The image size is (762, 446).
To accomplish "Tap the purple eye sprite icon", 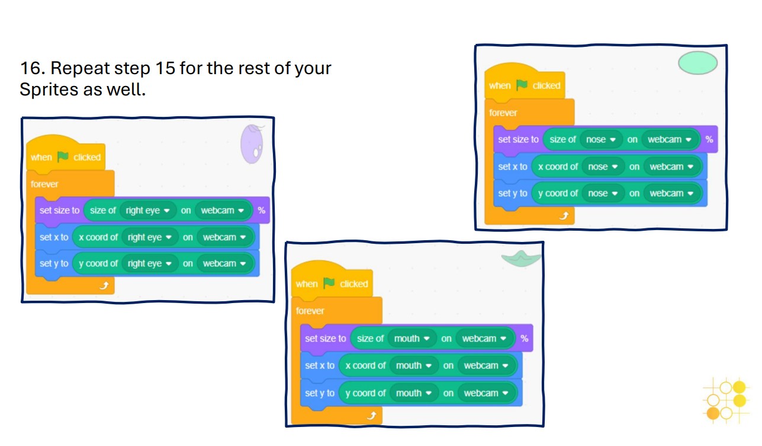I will pos(252,144).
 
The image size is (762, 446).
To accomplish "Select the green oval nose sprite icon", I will pos(697,63).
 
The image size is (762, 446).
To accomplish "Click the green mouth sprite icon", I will pos(520,257).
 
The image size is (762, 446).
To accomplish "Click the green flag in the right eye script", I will pos(63,157).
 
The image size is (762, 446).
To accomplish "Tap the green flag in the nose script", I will pos(521,85).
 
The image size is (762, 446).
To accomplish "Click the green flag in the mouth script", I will pos(329,283).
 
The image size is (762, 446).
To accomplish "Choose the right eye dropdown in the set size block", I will pos(148,211).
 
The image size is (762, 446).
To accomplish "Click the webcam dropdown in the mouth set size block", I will pos(484,339).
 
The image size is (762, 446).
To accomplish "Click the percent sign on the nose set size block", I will pos(709,139).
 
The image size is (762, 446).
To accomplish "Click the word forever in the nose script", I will pos(503,113).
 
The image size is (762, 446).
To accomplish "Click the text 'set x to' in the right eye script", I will pos(54,237).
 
